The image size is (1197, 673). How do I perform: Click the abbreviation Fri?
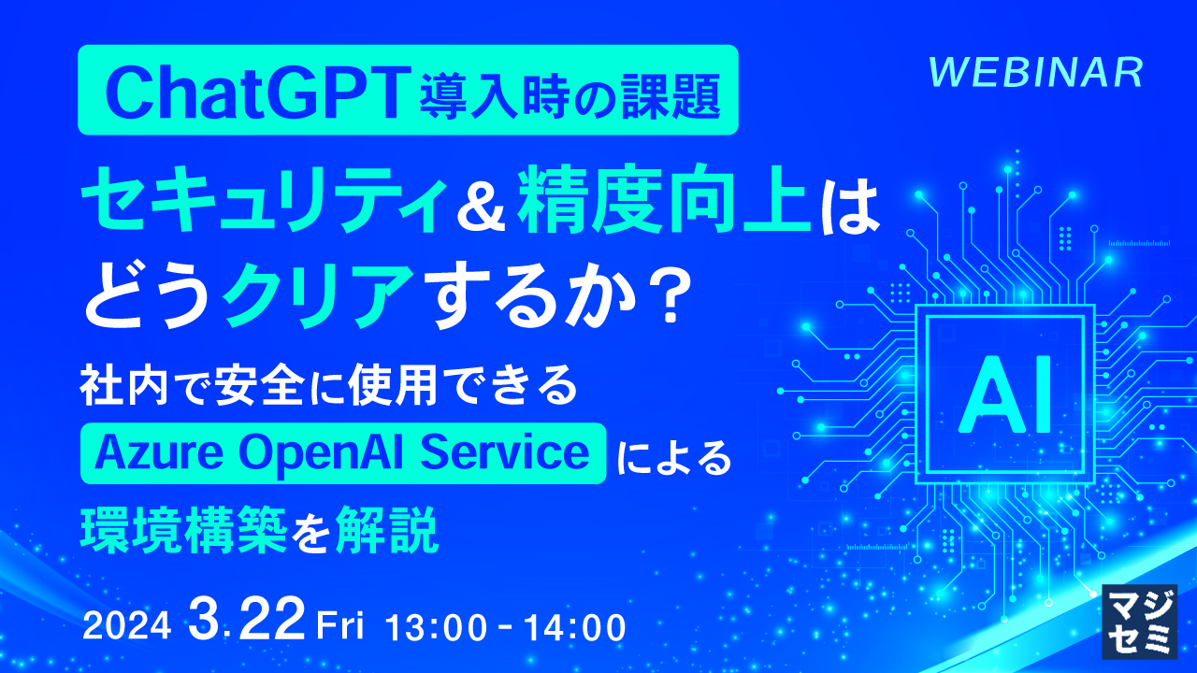346,624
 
